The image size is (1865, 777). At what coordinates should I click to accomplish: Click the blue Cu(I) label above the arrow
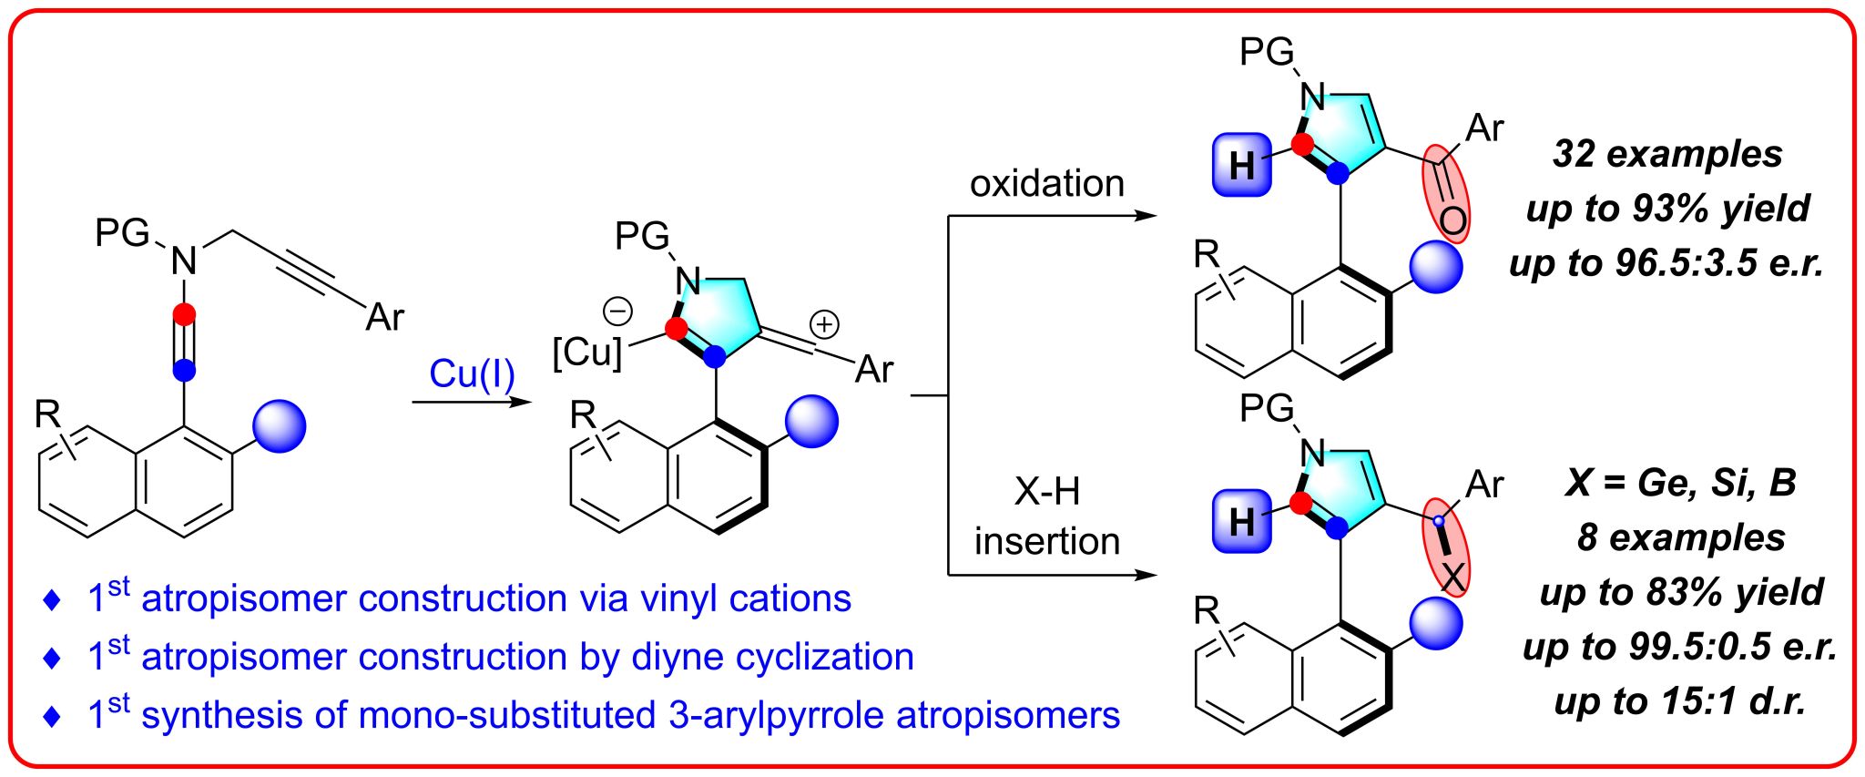[x=472, y=373]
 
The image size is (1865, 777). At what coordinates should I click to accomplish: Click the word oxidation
[x=1046, y=184]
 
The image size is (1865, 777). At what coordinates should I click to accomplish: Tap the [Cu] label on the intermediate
[x=587, y=353]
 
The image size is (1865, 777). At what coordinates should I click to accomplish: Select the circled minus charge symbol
[x=618, y=312]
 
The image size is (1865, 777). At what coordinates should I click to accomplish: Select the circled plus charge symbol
[x=824, y=323]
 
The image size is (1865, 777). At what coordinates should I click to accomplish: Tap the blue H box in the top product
[x=1242, y=165]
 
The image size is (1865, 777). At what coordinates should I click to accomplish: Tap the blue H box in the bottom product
[x=1242, y=521]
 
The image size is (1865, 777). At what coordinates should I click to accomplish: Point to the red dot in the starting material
[x=184, y=315]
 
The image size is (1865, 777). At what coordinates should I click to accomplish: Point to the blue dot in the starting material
[x=184, y=370]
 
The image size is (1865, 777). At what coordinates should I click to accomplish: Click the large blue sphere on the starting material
[x=280, y=425]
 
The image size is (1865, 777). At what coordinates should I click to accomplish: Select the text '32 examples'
[x=1666, y=153]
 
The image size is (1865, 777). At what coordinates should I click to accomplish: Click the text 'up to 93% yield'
[x=1666, y=208]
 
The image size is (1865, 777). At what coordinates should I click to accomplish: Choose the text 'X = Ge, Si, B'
[x=1680, y=482]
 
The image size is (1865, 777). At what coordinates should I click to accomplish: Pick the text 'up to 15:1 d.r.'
[x=1680, y=701]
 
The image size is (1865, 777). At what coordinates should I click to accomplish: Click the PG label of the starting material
[x=122, y=233]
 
